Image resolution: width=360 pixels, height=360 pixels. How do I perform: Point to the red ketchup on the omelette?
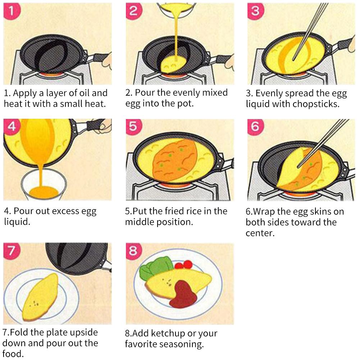pos(184,293)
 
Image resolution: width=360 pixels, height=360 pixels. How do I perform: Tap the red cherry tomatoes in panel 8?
pos(183,265)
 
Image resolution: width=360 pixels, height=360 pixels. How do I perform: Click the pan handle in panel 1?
pos(97,58)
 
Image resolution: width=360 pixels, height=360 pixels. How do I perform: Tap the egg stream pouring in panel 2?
pos(177,36)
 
